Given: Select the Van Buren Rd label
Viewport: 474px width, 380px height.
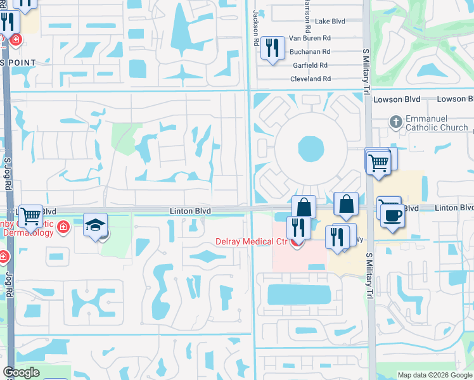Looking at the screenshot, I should point(309,39).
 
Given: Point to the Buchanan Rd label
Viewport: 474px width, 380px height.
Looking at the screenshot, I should point(310,52).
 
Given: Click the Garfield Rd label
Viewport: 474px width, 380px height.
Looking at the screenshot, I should point(310,65).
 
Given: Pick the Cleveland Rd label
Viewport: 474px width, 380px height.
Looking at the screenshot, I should point(311,79).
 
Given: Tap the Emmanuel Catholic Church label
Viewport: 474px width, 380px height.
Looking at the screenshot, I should point(437,122).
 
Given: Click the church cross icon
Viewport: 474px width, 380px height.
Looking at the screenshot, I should point(395,122).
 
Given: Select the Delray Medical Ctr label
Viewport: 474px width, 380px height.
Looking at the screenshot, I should point(252,241).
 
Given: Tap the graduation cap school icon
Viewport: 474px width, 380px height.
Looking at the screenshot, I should point(95,225).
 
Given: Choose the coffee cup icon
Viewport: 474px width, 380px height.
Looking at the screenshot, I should point(392,216).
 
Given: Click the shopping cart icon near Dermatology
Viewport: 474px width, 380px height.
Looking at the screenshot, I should point(30,217).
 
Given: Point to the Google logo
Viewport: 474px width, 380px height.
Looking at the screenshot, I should point(21,372).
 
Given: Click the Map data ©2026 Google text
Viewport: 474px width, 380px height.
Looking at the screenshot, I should point(435,375).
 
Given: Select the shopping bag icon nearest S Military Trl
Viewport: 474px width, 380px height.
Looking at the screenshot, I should point(346,204).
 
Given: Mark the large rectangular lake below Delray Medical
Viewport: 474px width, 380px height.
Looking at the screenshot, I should point(299,294).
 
